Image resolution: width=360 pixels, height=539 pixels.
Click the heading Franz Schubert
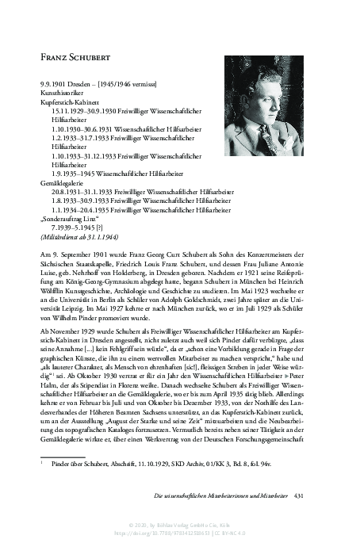(x=76, y=57)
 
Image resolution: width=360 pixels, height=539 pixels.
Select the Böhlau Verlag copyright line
(x=179, y=523)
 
